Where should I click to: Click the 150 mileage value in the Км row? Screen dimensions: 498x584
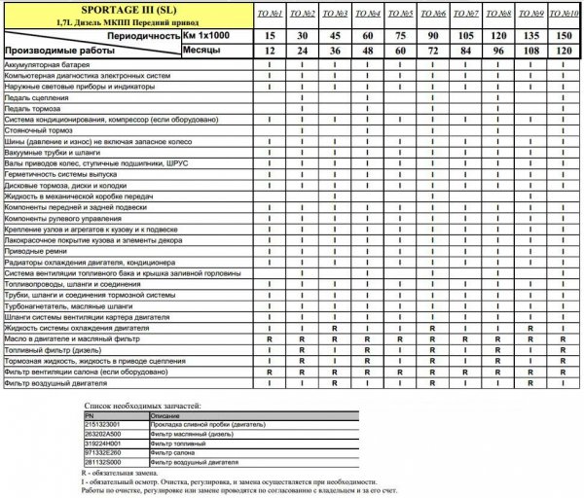tap(562, 34)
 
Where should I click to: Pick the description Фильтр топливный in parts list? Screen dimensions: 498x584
tap(179, 443)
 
